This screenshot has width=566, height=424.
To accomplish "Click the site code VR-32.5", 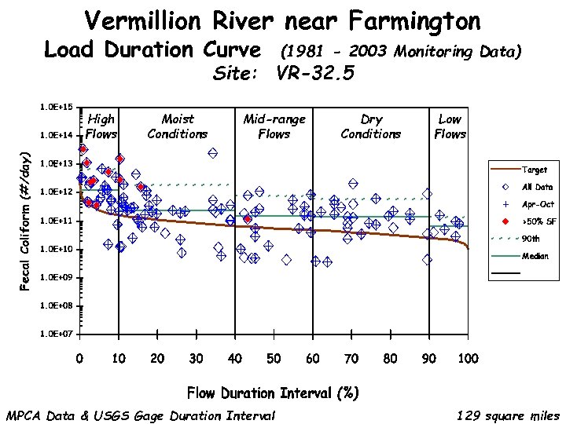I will (315, 74).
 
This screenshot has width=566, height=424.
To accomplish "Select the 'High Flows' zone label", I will (101, 126).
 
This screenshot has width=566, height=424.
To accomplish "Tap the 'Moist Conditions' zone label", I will (177, 126).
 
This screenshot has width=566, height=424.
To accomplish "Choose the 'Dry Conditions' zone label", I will (370, 126).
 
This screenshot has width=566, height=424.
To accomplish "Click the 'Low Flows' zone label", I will (450, 126).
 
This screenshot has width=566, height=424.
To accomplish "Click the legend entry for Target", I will (534, 169).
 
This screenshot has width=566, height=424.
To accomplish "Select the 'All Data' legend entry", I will (537, 187).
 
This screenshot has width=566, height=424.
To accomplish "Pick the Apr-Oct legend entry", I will (537, 203).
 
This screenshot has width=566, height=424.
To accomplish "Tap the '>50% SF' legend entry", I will (538, 221).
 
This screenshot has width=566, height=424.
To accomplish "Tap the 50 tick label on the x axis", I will (274, 359).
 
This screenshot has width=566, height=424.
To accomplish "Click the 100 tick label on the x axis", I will (468, 359).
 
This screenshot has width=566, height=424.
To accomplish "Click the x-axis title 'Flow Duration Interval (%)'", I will (273, 392).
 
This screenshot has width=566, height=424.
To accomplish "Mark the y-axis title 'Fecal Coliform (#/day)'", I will (25, 221).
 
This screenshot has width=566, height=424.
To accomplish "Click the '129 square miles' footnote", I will (508, 415).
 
